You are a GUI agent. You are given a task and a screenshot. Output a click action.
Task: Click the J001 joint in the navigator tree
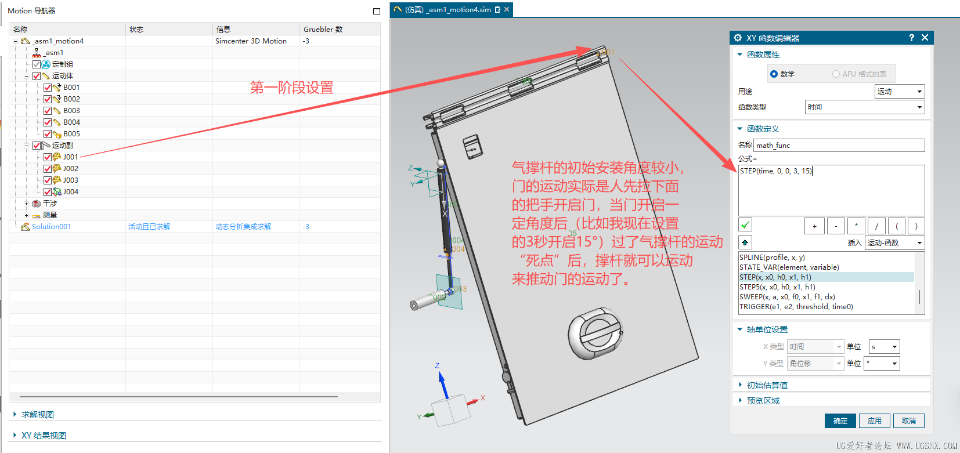70,157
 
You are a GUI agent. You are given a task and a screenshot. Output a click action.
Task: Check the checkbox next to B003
48,111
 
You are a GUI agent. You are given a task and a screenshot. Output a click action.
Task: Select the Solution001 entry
51,227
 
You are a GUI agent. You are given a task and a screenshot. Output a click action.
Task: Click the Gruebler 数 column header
323,30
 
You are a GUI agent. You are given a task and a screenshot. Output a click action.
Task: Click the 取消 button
908,421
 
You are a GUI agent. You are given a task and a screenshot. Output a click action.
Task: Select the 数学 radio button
774,74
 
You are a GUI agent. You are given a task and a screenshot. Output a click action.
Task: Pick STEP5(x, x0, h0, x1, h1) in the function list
777,287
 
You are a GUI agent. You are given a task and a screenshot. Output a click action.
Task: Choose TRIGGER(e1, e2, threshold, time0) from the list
796,307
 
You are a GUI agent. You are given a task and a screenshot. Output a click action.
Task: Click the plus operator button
814,226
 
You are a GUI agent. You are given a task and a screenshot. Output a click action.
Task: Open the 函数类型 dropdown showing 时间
864,107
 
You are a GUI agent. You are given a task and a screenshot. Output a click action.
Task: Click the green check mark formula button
745,225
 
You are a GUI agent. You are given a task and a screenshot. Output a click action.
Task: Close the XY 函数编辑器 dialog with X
925,38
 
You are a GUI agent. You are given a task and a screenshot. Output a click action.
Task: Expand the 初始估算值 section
767,385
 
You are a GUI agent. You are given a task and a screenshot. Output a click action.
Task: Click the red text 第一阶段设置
291,88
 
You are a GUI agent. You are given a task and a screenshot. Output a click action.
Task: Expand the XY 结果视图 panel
44,436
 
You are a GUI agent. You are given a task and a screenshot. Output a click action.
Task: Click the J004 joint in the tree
70,192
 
